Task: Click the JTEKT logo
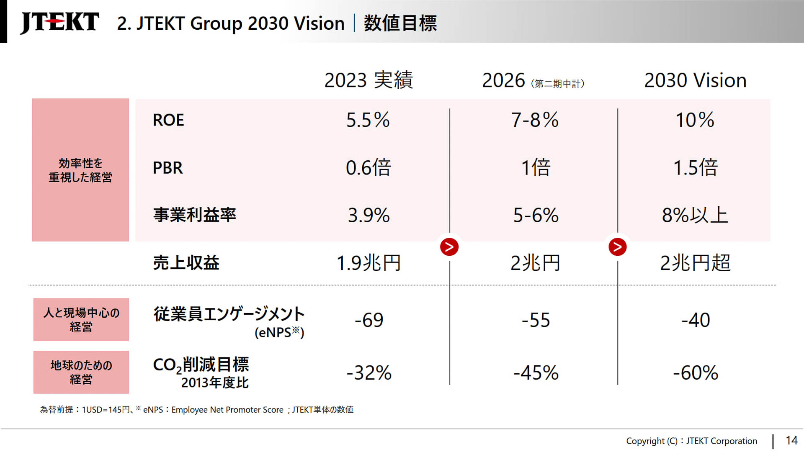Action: (x=59, y=22)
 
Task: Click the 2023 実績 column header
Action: (x=368, y=80)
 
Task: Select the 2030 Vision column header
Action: (x=695, y=80)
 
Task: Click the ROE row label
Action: (x=168, y=120)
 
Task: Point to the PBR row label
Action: (x=167, y=168)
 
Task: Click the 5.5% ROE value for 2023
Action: (x=368, y=120)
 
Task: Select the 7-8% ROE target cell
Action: (x=535, y=120)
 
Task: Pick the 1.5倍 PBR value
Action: (x=695, y=168)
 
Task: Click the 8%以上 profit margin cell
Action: (x=695, y=215)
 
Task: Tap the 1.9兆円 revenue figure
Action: (x=368, y=263)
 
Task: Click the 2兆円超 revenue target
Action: (x=695, y=263)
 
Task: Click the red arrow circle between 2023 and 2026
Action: (x=449, y=247)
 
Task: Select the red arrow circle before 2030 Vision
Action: (x=617, y=247)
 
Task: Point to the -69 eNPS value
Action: (x=368, y=320)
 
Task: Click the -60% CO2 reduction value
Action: (x=695, y=372)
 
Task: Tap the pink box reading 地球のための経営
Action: (x=81, y=372)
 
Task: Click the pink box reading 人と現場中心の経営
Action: (x=81, y=319)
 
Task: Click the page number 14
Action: (x=791, y=440)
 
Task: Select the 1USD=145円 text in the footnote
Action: (x=106, y=410)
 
